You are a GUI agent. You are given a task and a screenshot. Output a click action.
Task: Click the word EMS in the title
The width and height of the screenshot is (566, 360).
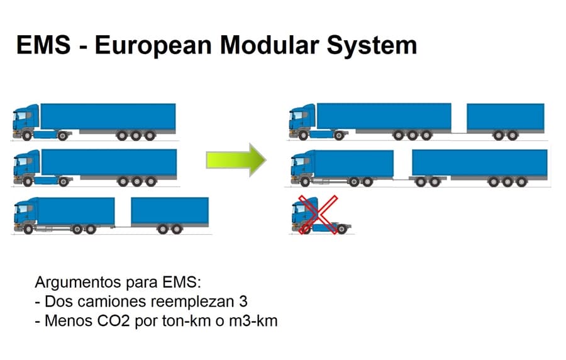(x=43, y=45)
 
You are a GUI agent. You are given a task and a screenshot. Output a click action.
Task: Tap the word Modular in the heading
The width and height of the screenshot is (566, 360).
(x=269, y=45)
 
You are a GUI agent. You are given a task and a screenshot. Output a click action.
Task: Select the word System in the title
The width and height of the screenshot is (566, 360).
(x=372, y=46)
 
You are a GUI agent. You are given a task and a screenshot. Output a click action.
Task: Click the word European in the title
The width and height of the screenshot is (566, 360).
(x=153, y=46)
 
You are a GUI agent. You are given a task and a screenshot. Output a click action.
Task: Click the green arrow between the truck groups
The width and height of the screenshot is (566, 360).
(x=236, y=160)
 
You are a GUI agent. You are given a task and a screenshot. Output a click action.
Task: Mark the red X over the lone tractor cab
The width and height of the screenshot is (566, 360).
(x=318, y=215)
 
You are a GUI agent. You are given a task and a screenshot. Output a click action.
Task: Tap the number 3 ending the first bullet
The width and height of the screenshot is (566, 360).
(x=243, y=301)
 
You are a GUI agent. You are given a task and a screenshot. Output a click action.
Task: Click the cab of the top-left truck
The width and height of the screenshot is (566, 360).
(x=26, y=121)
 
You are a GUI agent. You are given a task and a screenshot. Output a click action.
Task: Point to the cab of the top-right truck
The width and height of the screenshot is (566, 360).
(x=302, y=121)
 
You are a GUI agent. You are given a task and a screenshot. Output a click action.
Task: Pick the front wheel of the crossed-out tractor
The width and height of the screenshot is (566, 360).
(x=305, y=229)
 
